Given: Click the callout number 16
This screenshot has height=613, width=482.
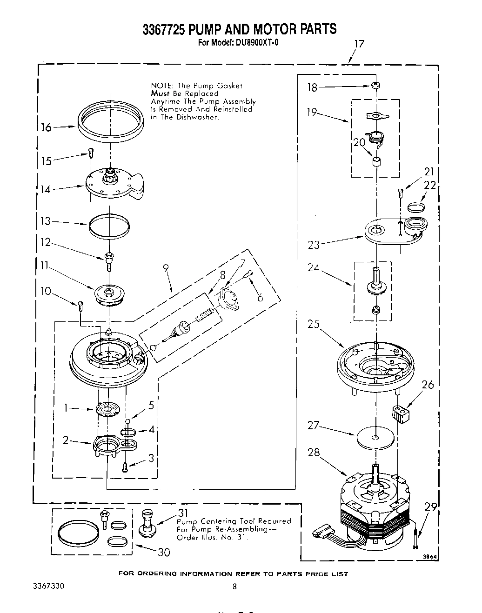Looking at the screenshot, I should point(46,127).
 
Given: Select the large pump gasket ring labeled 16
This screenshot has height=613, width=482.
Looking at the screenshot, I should point(110,120).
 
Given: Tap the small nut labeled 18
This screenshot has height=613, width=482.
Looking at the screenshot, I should point(374,86).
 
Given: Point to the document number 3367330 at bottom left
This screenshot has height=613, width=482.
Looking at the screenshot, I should point(48,586).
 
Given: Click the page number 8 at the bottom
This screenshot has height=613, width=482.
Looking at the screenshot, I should point(234,587).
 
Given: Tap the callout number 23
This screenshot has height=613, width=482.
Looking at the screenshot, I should point(314,245).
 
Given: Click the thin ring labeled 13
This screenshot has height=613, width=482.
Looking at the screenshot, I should point(109,225).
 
